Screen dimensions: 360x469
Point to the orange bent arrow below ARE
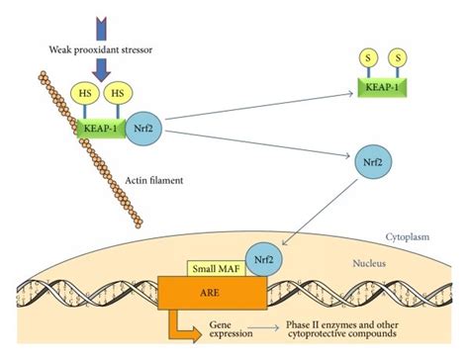pyautogui.click(x=189, y=330)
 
